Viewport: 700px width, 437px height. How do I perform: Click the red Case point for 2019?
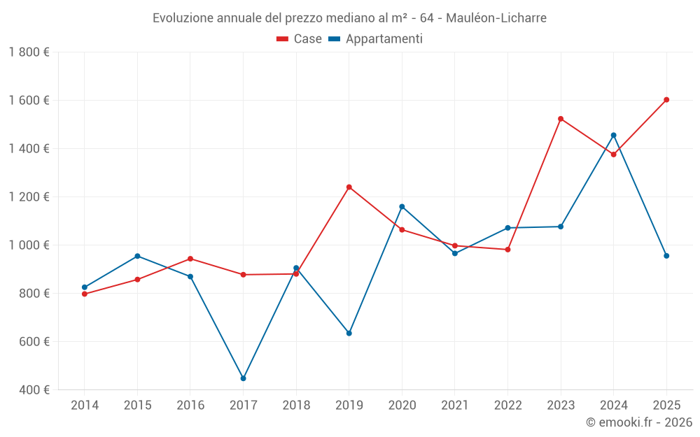coord(349,187)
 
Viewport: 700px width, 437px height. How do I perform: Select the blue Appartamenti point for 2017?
coord(243,378)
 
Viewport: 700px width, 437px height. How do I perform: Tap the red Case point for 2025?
coord(666,99)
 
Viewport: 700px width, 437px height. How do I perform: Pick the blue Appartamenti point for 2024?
coord(613,135)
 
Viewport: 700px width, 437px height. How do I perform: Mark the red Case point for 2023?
coord(561,119)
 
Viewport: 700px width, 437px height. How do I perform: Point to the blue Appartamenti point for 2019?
coord(349,333)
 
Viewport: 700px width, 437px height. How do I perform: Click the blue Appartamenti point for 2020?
coord(402,206)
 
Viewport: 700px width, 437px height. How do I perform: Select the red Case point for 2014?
coord(85,294)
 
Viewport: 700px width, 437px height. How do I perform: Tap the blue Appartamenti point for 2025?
coord(666,256)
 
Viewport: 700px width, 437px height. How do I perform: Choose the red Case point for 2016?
coord(190,259)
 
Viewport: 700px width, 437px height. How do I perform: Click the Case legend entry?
coord(299,39)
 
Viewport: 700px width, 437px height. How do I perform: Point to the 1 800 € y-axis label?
coord(29,52)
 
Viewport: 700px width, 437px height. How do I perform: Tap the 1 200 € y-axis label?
coord(29,197)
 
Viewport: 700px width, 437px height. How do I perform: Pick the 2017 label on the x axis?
coord(243,405)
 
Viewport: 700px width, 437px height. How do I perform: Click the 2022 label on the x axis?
coord(507,405)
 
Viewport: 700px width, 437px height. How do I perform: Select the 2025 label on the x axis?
coord(666,405)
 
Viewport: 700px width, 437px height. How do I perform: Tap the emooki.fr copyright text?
coord(638,422)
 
